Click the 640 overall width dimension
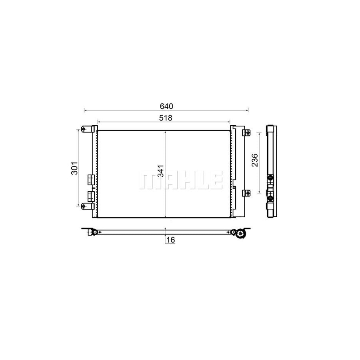[166, 106]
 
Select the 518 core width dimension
[166, 118]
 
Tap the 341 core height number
[161, 171]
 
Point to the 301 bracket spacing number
[75, 168]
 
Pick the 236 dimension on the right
[255, 160]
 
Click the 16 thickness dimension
[170, 240]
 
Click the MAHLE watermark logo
[181, 180]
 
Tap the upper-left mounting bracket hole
[84, 129]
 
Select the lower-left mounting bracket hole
[84, 206]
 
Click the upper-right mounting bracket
[247, 132]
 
